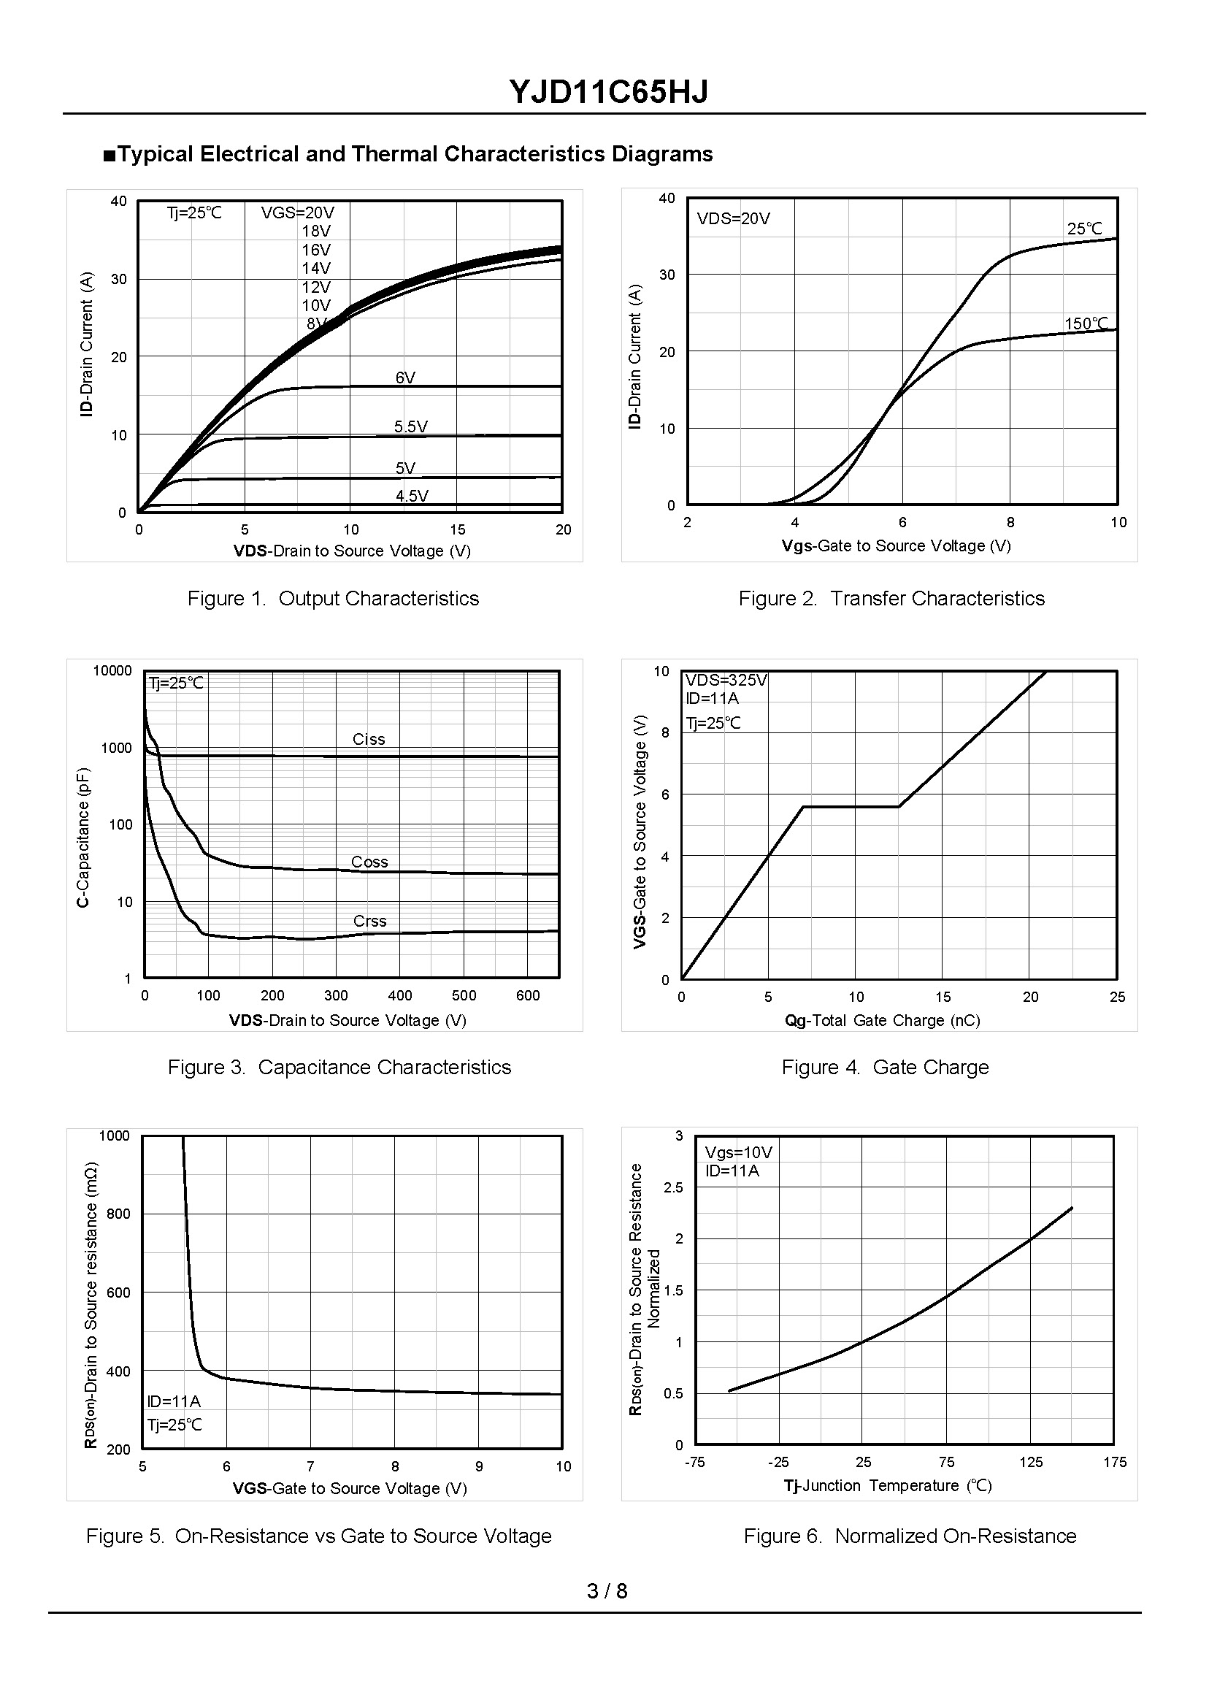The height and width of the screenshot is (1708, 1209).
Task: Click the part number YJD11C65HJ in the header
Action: [x=608, y=91]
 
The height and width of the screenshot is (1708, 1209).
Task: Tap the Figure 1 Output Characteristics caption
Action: [x=333, y=599]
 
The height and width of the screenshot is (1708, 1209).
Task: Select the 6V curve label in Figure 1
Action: [x=405, y=378]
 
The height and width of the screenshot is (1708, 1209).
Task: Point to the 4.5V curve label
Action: [x=412, y=496]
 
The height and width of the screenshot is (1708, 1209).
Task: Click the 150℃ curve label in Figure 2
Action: [x=1086, y=323]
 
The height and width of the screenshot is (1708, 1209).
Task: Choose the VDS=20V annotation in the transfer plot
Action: [x=733, y=219]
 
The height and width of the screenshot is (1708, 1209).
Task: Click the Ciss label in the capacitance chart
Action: [x=369, y=739]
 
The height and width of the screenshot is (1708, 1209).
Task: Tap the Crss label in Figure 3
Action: [x=369, y=921]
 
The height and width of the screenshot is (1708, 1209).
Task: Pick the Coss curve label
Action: [x=369, y=862]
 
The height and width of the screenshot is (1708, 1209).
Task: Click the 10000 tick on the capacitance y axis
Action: [x=112, y=671]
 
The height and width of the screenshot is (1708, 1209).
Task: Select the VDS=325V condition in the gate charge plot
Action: [x=726, y=680]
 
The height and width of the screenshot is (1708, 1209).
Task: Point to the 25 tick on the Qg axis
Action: [x=1117, y=997]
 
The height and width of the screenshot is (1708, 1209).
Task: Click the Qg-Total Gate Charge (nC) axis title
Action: [x=882, y=1021]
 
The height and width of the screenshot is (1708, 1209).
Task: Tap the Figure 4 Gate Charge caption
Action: [x=884, y=1068]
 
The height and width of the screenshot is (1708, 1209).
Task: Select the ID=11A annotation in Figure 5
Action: [x=174, y=1401]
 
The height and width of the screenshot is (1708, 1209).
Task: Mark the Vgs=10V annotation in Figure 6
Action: [x=739, y=1152]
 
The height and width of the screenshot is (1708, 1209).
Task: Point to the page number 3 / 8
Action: [x=607, y=1591]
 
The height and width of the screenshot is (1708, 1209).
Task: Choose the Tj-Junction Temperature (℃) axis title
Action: [x=887, y=1485]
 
